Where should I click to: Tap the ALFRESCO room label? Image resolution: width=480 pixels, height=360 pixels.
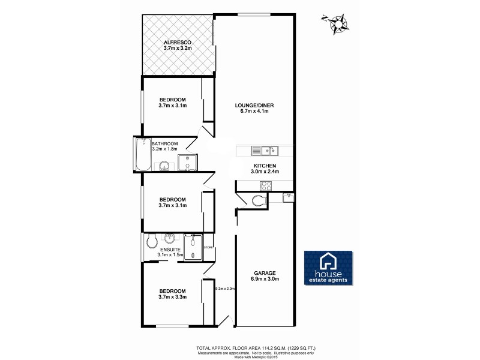pos(178,43)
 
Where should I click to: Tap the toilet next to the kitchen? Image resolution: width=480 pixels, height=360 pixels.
pos(260,201)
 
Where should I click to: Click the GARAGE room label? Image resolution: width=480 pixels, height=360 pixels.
pos(265,274)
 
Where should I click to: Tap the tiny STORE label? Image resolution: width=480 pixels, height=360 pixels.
pos(208,247)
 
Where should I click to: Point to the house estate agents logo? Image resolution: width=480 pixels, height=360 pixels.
pos(329,268)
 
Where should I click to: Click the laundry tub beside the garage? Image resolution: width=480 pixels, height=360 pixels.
pos(289,196)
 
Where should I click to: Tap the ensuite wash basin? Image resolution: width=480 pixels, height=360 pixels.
pos(171,238)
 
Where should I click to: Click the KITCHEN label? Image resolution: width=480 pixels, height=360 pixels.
pos(265,166)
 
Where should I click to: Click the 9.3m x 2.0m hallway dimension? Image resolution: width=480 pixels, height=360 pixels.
pos(226,289)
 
